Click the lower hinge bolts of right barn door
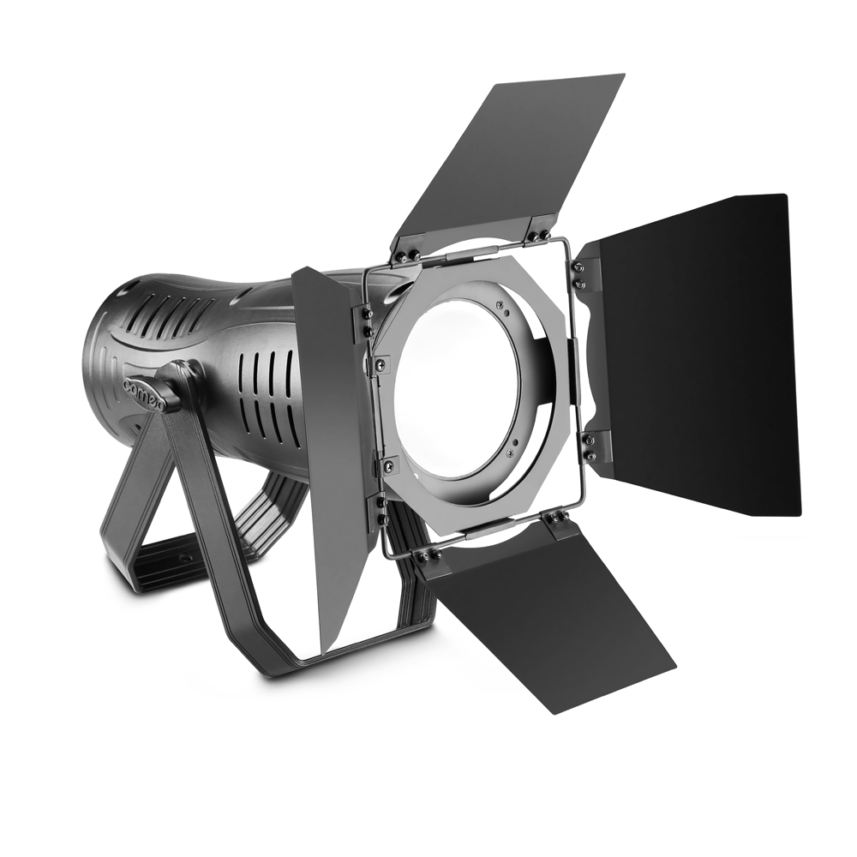click(x=589, y=444)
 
